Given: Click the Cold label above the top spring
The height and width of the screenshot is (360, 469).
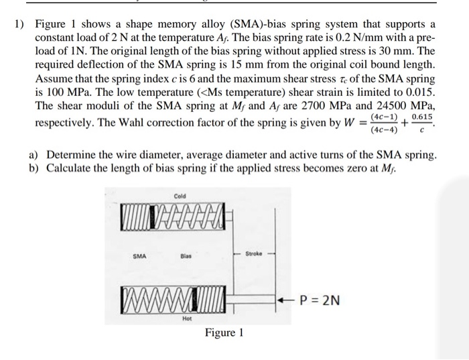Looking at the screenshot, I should click(180, 196).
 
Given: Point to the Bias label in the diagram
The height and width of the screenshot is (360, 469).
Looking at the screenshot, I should click(186, 255).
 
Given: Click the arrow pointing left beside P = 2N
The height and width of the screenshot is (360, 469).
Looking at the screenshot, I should click(285, 300).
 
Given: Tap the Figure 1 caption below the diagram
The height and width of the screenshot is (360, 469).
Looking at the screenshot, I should click(224, 333).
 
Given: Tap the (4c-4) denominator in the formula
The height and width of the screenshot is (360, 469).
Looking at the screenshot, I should click(384, 130).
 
